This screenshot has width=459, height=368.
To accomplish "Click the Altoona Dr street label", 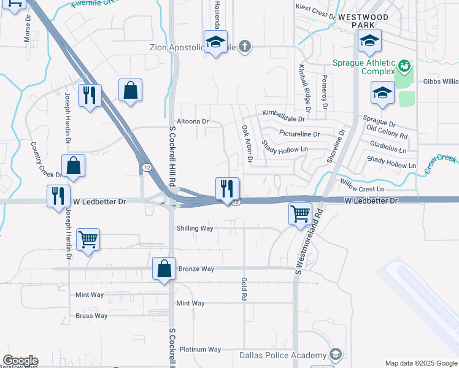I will (x=193, y=121).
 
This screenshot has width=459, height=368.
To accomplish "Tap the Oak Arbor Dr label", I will (x=247, y=144).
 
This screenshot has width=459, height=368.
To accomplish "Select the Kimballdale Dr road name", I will (x=283, y=113).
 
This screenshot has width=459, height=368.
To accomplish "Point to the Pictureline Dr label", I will (x=299, y=134).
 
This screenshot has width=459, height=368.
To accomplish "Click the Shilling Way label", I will (x=195, y=228).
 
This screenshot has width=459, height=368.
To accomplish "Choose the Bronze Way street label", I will (x=196, y=269).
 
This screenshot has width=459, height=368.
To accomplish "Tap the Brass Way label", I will (x=91, y=316).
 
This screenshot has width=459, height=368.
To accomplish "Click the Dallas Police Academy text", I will (x=283, y=356).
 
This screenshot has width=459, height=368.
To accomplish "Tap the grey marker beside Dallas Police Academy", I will (x=336, y=355).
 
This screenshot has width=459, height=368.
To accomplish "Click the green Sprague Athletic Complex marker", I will (x=404, y=64).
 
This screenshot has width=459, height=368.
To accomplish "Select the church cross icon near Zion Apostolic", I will (x=245, y=47).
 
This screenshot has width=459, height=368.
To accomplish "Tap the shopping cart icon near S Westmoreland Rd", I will (x=300, y=215).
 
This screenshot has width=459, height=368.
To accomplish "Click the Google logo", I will (x=20, y=361).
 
